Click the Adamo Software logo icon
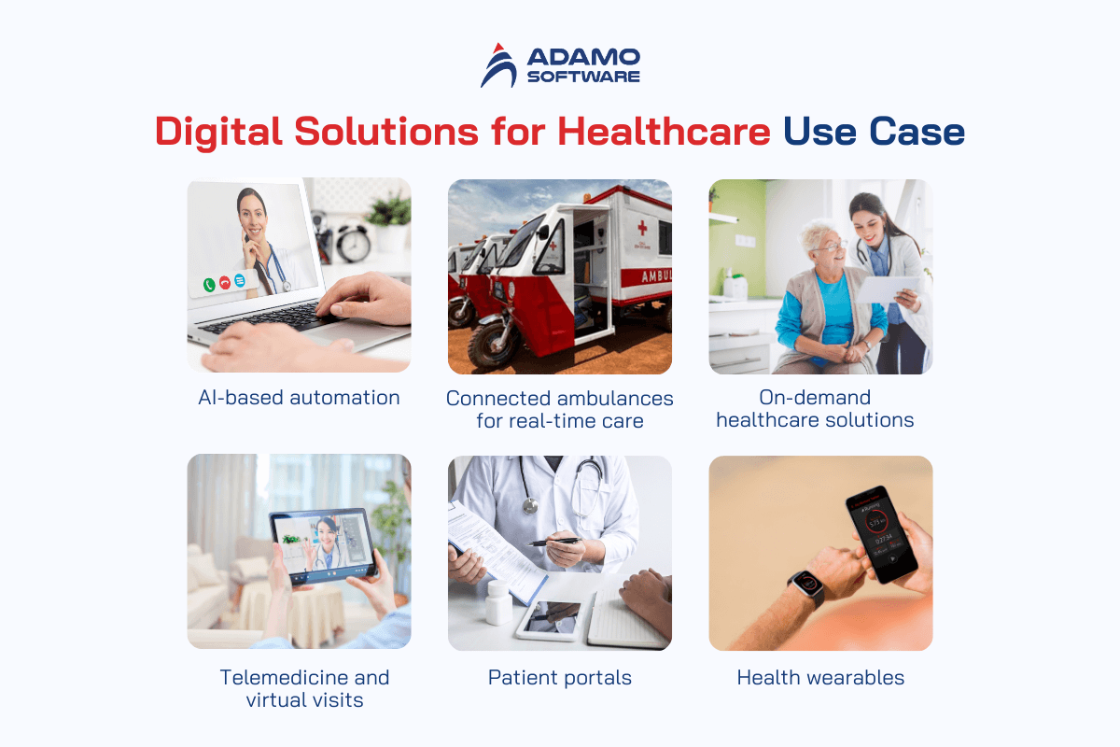click(498, 65)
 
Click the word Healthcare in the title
click(664, 132)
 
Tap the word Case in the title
click(917, 132)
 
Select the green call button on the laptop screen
click(209, 285)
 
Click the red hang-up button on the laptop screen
click(225, 283)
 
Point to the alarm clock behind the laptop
click(353, 243)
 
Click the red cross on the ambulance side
click(642, 229)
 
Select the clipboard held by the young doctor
click(888, 289)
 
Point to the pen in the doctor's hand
click(554, 542)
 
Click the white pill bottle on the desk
click(498, 602)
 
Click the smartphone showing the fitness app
click(882, 534)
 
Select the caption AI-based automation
click(299, 398)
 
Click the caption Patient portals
click(560, 678)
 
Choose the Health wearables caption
click(820, 678)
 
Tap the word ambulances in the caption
click(615, 399)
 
